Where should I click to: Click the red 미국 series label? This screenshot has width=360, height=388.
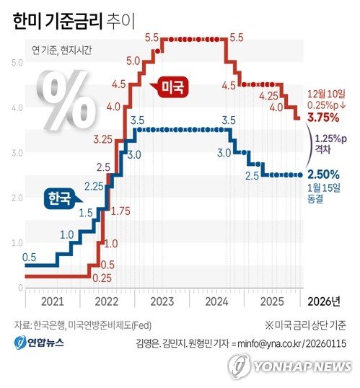[x=172, y=88]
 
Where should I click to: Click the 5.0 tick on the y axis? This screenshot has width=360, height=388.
[x=17, y=63]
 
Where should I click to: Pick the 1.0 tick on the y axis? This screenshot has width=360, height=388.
[x=17, y=243]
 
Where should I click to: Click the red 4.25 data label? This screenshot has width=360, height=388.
[x=269, y=95]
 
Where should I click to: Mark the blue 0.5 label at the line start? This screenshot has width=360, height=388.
[x=30, y=257]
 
